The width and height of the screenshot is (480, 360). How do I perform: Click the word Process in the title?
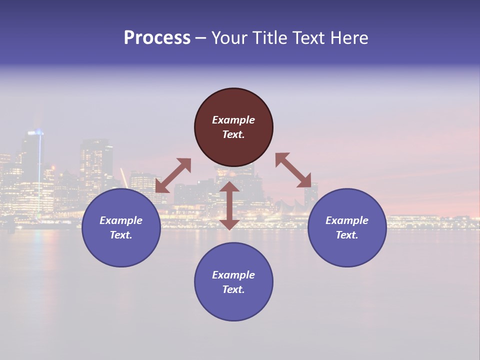coord(157,37)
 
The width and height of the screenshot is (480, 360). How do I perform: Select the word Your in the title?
coord(230,37)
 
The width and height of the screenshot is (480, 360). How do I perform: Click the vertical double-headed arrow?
coord(229,205)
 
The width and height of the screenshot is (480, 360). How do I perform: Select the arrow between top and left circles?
coord(173,175)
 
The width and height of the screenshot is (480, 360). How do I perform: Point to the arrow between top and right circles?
coord(293,170)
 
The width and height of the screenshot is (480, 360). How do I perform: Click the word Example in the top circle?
coord(233,120)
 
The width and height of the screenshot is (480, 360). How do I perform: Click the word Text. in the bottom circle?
coord(233,289)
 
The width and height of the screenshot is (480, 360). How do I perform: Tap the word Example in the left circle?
coord(121,220)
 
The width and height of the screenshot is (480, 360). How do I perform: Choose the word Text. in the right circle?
coord(347,235)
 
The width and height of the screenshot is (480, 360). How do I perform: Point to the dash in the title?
coord(201,38)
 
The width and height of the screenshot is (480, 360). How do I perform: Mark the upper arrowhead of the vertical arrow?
coord(229,187)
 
